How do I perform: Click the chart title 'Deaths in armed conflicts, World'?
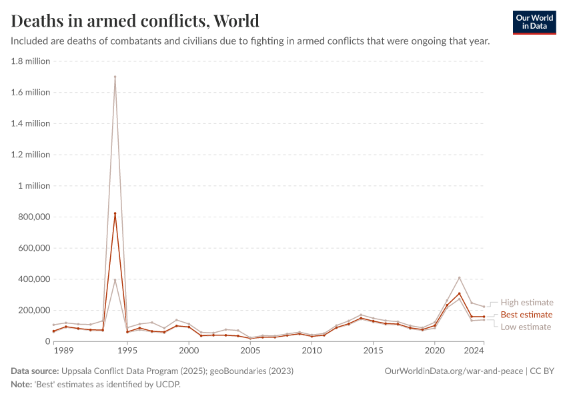coord(135,21)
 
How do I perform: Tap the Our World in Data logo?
coord(534,22)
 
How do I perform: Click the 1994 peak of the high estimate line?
coord(115,77)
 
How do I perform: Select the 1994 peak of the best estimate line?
coord(115,213)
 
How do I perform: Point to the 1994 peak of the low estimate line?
coord(115,280)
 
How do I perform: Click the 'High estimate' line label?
coord(527,303)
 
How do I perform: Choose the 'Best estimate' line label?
coord(526,315)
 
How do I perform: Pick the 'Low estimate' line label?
coord(526,327)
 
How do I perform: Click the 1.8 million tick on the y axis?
coord(31,61)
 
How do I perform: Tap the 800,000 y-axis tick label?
coord(31,217)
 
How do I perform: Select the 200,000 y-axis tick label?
coord(31,310)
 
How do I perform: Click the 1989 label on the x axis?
coord(63,350)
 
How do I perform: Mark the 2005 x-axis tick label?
coord(250,350)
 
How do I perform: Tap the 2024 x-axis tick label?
coord(474,350)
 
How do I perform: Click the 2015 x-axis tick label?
coord(373,350)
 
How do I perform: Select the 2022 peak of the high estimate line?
coord(459,277)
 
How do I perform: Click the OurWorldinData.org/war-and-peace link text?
coord(454,371)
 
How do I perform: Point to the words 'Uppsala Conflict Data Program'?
coord(122,371)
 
